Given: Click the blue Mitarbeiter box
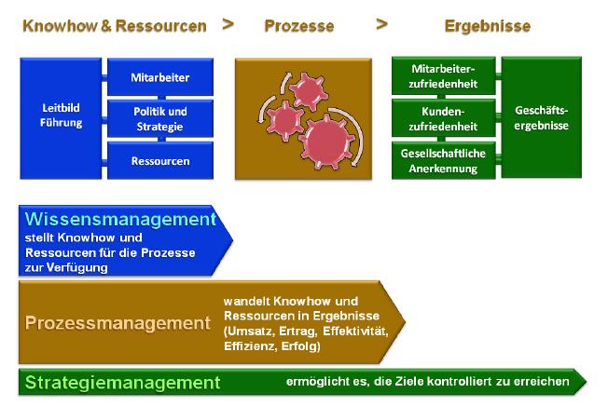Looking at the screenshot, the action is (x=160, y=76).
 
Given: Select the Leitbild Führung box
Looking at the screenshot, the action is (x=61, y=118).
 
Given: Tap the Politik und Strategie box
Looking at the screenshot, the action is (x=160, y=119).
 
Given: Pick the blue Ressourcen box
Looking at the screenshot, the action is (x=160, y=161).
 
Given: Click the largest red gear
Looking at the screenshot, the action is (x=326, y=142).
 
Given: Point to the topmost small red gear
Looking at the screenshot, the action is (x=308, y=89).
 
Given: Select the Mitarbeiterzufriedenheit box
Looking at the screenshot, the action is (x=444, y=75).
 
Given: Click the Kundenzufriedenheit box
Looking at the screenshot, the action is (x=444, y=118).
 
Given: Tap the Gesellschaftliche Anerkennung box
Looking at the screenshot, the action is (x=444, y=161).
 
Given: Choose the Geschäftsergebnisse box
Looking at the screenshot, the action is (x=541, y=117).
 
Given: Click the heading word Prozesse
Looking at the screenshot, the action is (x=299, y=26).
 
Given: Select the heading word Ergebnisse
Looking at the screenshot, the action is (x=488, y=26).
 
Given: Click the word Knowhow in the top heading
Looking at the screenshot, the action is (x=60, y=26).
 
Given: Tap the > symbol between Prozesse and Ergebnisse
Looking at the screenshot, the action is (x=382, y=24).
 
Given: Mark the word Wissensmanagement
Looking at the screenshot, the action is (x=120, y=219).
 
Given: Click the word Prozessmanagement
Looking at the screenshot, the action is (x=117, y=323).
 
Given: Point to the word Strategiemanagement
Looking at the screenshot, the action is (x=122, y=383).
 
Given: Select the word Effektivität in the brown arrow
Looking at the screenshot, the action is (x=355, y=332).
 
